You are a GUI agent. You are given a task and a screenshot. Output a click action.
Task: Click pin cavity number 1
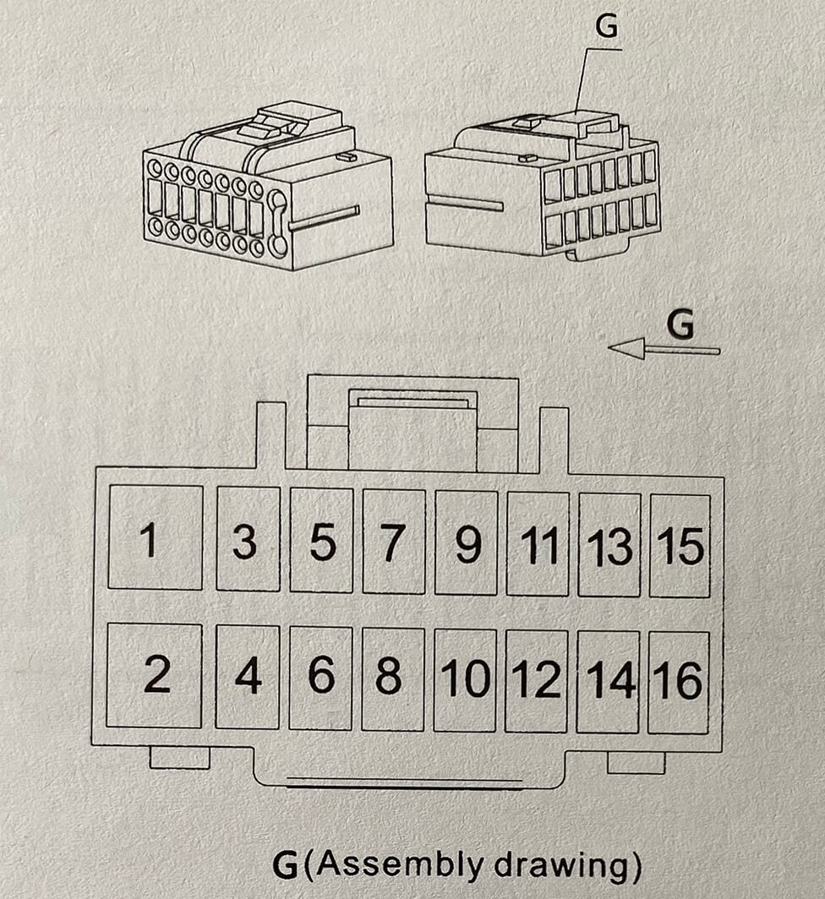(156, 538)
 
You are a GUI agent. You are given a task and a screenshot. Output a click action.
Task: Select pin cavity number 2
(155, 675)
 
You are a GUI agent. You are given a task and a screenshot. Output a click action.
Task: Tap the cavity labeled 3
(248, 540)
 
